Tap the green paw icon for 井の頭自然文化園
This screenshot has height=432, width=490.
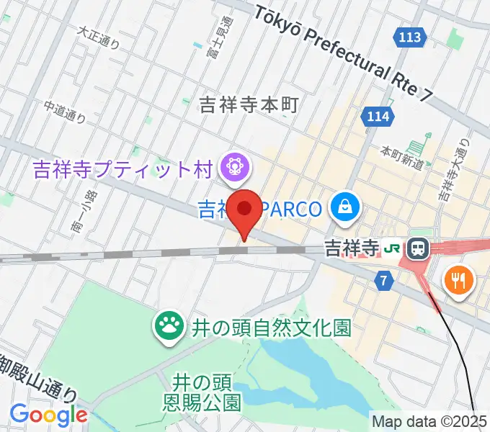[169, 328]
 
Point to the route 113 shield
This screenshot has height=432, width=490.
[409, 36]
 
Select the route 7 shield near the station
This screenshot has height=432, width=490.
[384, 282]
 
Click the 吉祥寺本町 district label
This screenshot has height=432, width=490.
[249, 105]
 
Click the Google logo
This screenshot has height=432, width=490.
[48, 415]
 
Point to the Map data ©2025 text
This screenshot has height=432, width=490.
[429, 420]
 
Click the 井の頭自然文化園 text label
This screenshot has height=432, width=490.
[270, 328]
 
